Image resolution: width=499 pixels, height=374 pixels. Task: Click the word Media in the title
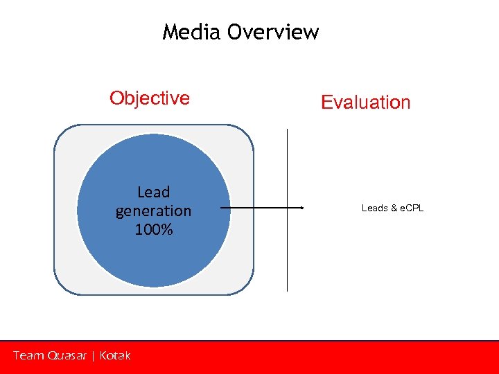pyautogui.click(x=191, y=33)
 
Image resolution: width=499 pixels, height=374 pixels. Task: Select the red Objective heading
pyautogui.click(x=150, y=98)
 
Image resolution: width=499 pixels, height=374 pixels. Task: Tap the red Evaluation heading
pyautogui.click(x=366, y=103)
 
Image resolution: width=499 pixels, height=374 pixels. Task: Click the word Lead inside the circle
pyautogui.click(x=154, y=192)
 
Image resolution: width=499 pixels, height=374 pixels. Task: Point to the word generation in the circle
pyautogui.click(x=154, y=211)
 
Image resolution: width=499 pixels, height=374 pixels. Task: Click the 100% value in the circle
pyautogui.click(x=154, y=229)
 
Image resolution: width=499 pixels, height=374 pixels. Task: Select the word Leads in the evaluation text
pyautogui.click(x=374, y=208)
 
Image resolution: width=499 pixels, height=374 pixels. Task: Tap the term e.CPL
pyautogui.click(x=410, y=208)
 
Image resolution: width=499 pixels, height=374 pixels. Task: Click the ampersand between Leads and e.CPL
pyautogui.click(x=392, y=208)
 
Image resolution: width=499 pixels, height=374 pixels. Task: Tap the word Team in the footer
pyautogui.click(x=28, y=355)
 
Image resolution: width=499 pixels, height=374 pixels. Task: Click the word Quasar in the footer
pyautogui.click(x=68, y=356)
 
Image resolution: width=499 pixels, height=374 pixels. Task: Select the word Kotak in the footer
pyautogui.click(x=115, y=355)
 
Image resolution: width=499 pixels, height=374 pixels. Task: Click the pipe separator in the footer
pyautogui.click(x=93, y=356)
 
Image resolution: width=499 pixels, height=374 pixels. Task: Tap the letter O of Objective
pyautogui.click(x=116, y=98)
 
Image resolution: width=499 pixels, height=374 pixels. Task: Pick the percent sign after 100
pyautogui.click(x=166, y=229)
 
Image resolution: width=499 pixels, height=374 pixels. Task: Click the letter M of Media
pyautogui.click(x=170, y=33)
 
